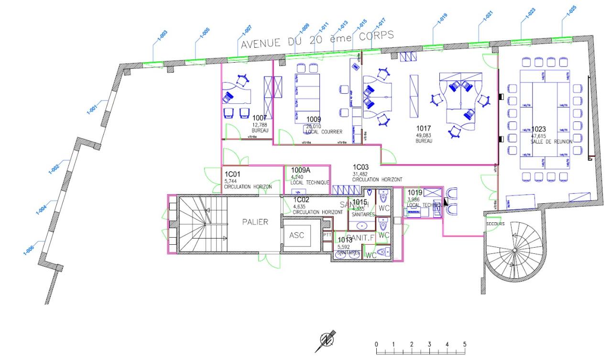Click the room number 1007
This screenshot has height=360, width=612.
[260, 118]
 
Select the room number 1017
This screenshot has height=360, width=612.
[424, 128]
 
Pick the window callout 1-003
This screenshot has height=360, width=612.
[162, 37]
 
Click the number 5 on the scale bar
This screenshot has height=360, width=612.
[464, 344]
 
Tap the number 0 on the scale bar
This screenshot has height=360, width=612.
[377, 344]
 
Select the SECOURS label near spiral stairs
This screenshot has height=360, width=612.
[495, 223]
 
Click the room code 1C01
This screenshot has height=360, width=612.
[232, 174]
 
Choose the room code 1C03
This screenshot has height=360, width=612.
[361, 167]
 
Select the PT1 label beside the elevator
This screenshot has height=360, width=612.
[328, 235]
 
